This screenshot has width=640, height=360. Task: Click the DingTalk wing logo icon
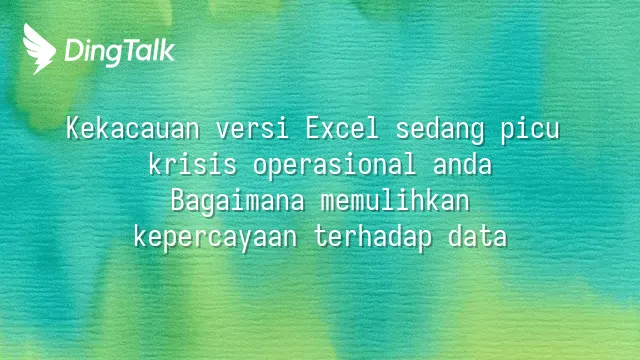(39, 49)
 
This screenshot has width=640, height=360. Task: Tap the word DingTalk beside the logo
(120, 52)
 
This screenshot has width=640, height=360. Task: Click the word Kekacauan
(133, 128)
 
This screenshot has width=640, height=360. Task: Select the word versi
(252, 128)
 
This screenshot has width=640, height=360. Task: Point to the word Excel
(342, 128)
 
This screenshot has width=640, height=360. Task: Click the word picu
(530, 131)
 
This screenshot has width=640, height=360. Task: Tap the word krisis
(193, 164)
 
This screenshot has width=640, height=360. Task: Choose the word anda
(462, 164)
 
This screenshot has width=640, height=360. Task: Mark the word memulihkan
(395, 200)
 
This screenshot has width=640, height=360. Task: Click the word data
(478, 236)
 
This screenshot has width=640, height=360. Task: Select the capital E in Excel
(313, 128)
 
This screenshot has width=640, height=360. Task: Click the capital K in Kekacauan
(73, 128)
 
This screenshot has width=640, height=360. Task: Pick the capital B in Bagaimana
(178, 200)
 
